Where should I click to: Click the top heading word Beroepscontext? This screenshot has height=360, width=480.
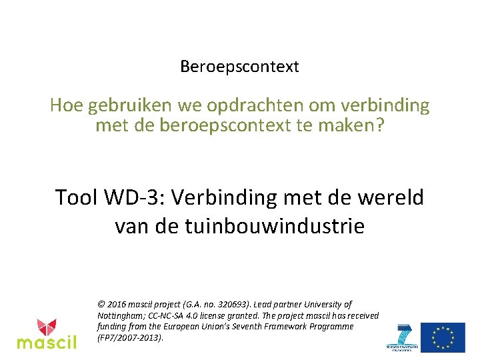coord(239,67)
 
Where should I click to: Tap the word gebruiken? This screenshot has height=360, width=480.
coord(137,105)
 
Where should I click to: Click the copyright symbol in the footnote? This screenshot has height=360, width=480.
coord(101,304)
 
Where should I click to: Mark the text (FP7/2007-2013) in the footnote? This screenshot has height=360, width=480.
coord(129,338)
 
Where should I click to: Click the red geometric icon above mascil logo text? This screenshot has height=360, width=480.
coord(46,327)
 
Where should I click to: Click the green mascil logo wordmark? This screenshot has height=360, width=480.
coord(46,343)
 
